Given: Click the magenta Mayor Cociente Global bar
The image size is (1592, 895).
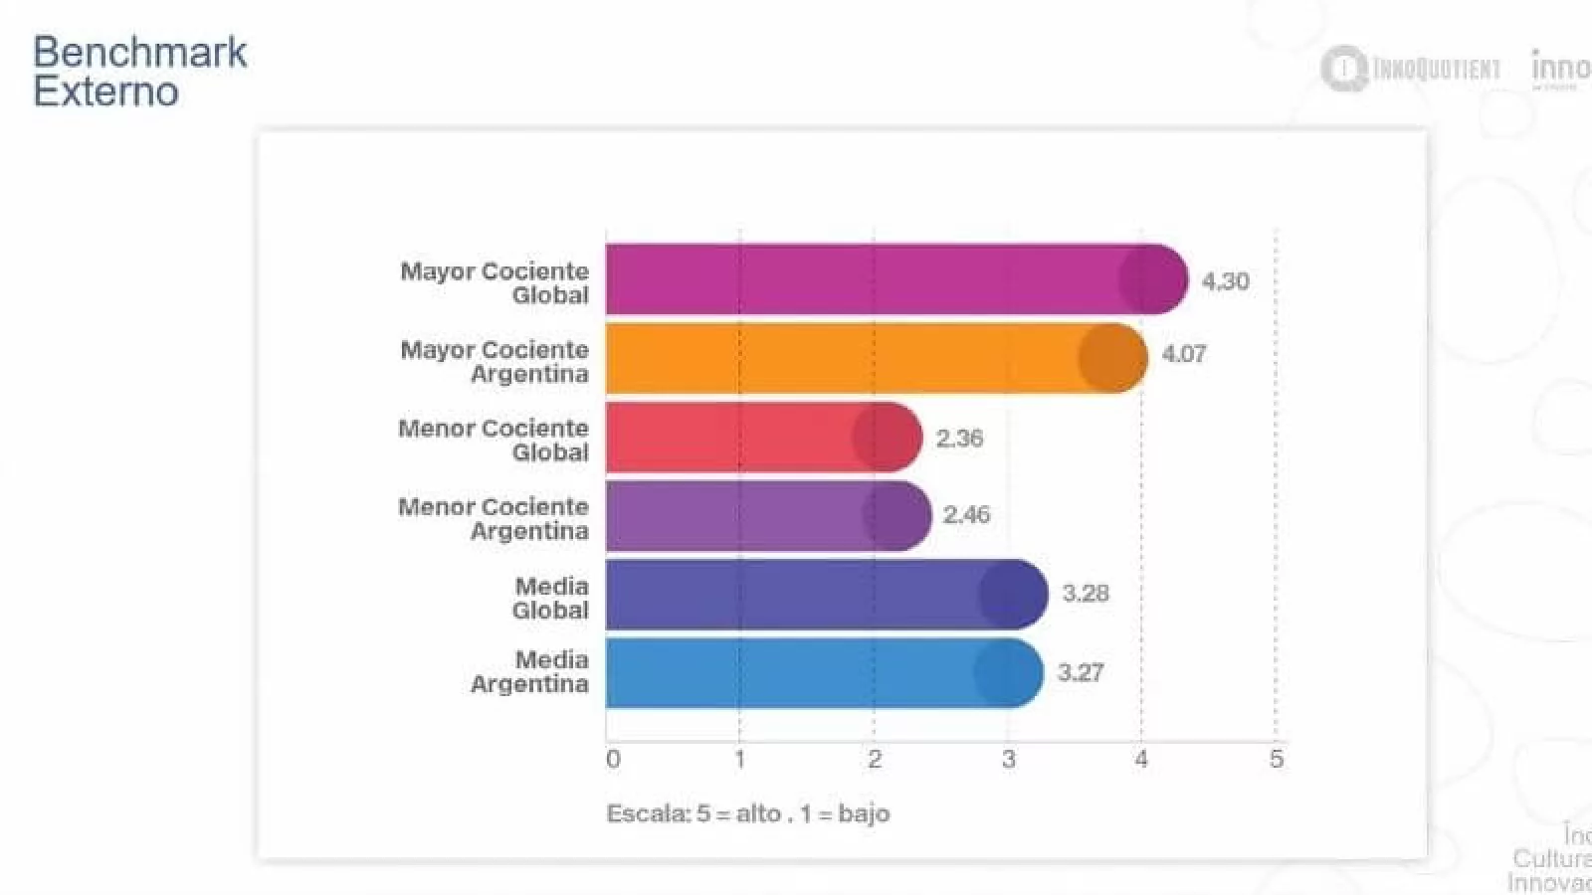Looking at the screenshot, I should point(895,279).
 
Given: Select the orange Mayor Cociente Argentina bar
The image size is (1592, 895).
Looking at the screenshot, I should point(876,358).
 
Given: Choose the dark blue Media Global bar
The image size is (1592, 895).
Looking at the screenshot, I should point(826,594).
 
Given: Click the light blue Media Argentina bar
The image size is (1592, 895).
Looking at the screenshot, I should point(824,672).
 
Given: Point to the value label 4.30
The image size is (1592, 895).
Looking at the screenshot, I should point(1225,281).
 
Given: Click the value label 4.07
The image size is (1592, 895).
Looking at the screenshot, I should point(1184,354).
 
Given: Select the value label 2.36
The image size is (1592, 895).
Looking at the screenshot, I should point(959,439).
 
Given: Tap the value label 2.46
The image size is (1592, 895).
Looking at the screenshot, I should point(966,515).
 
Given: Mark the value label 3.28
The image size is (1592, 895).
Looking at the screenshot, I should point(1086,594).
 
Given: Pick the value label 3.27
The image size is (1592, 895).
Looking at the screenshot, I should point(1081,673).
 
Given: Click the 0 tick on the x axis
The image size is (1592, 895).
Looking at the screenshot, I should point(613,760).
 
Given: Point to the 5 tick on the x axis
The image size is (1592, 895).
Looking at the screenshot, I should point(1277,760).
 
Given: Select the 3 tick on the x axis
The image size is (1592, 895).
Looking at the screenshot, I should point(1008,760).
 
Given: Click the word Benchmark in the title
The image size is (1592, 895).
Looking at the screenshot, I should point(140,53).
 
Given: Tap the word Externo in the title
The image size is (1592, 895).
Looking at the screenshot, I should point(105,91).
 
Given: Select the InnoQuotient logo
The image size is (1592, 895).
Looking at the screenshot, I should point(1411,69).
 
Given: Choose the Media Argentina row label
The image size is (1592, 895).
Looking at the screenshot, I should point(529,672).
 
